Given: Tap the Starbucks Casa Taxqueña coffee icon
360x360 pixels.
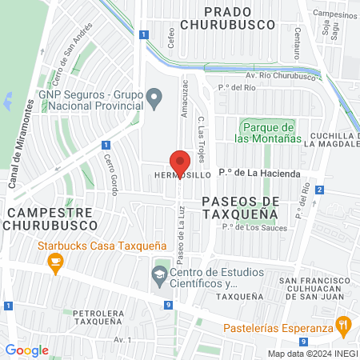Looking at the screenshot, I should coord(55,263).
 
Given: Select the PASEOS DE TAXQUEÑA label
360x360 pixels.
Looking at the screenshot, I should coord(239,207).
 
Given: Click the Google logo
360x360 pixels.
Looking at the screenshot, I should coord(26,350).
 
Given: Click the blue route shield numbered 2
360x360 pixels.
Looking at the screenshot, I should coord(319,190).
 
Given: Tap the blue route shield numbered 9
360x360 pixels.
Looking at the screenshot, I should coord(170,305).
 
